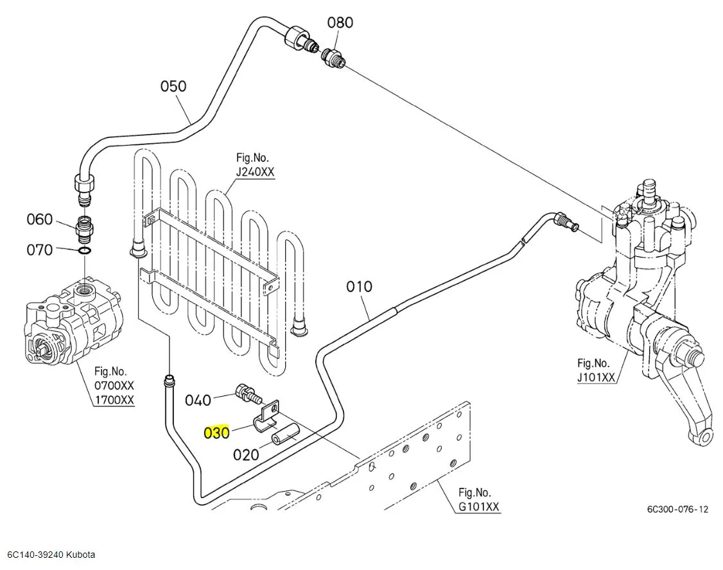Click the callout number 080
click(340, 22)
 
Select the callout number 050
click(173, 86)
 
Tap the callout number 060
click(39, 220)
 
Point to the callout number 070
click(39, 249)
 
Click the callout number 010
click(359, 286)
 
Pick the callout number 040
click(198, 401)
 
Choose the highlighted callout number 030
click(216, 433)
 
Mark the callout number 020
click(246, 454)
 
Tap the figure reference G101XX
click(478, 506)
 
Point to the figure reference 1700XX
click(114, 400)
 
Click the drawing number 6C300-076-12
click(677, 509)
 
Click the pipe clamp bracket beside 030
click(269, 416)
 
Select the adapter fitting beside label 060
click(85, 226)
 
